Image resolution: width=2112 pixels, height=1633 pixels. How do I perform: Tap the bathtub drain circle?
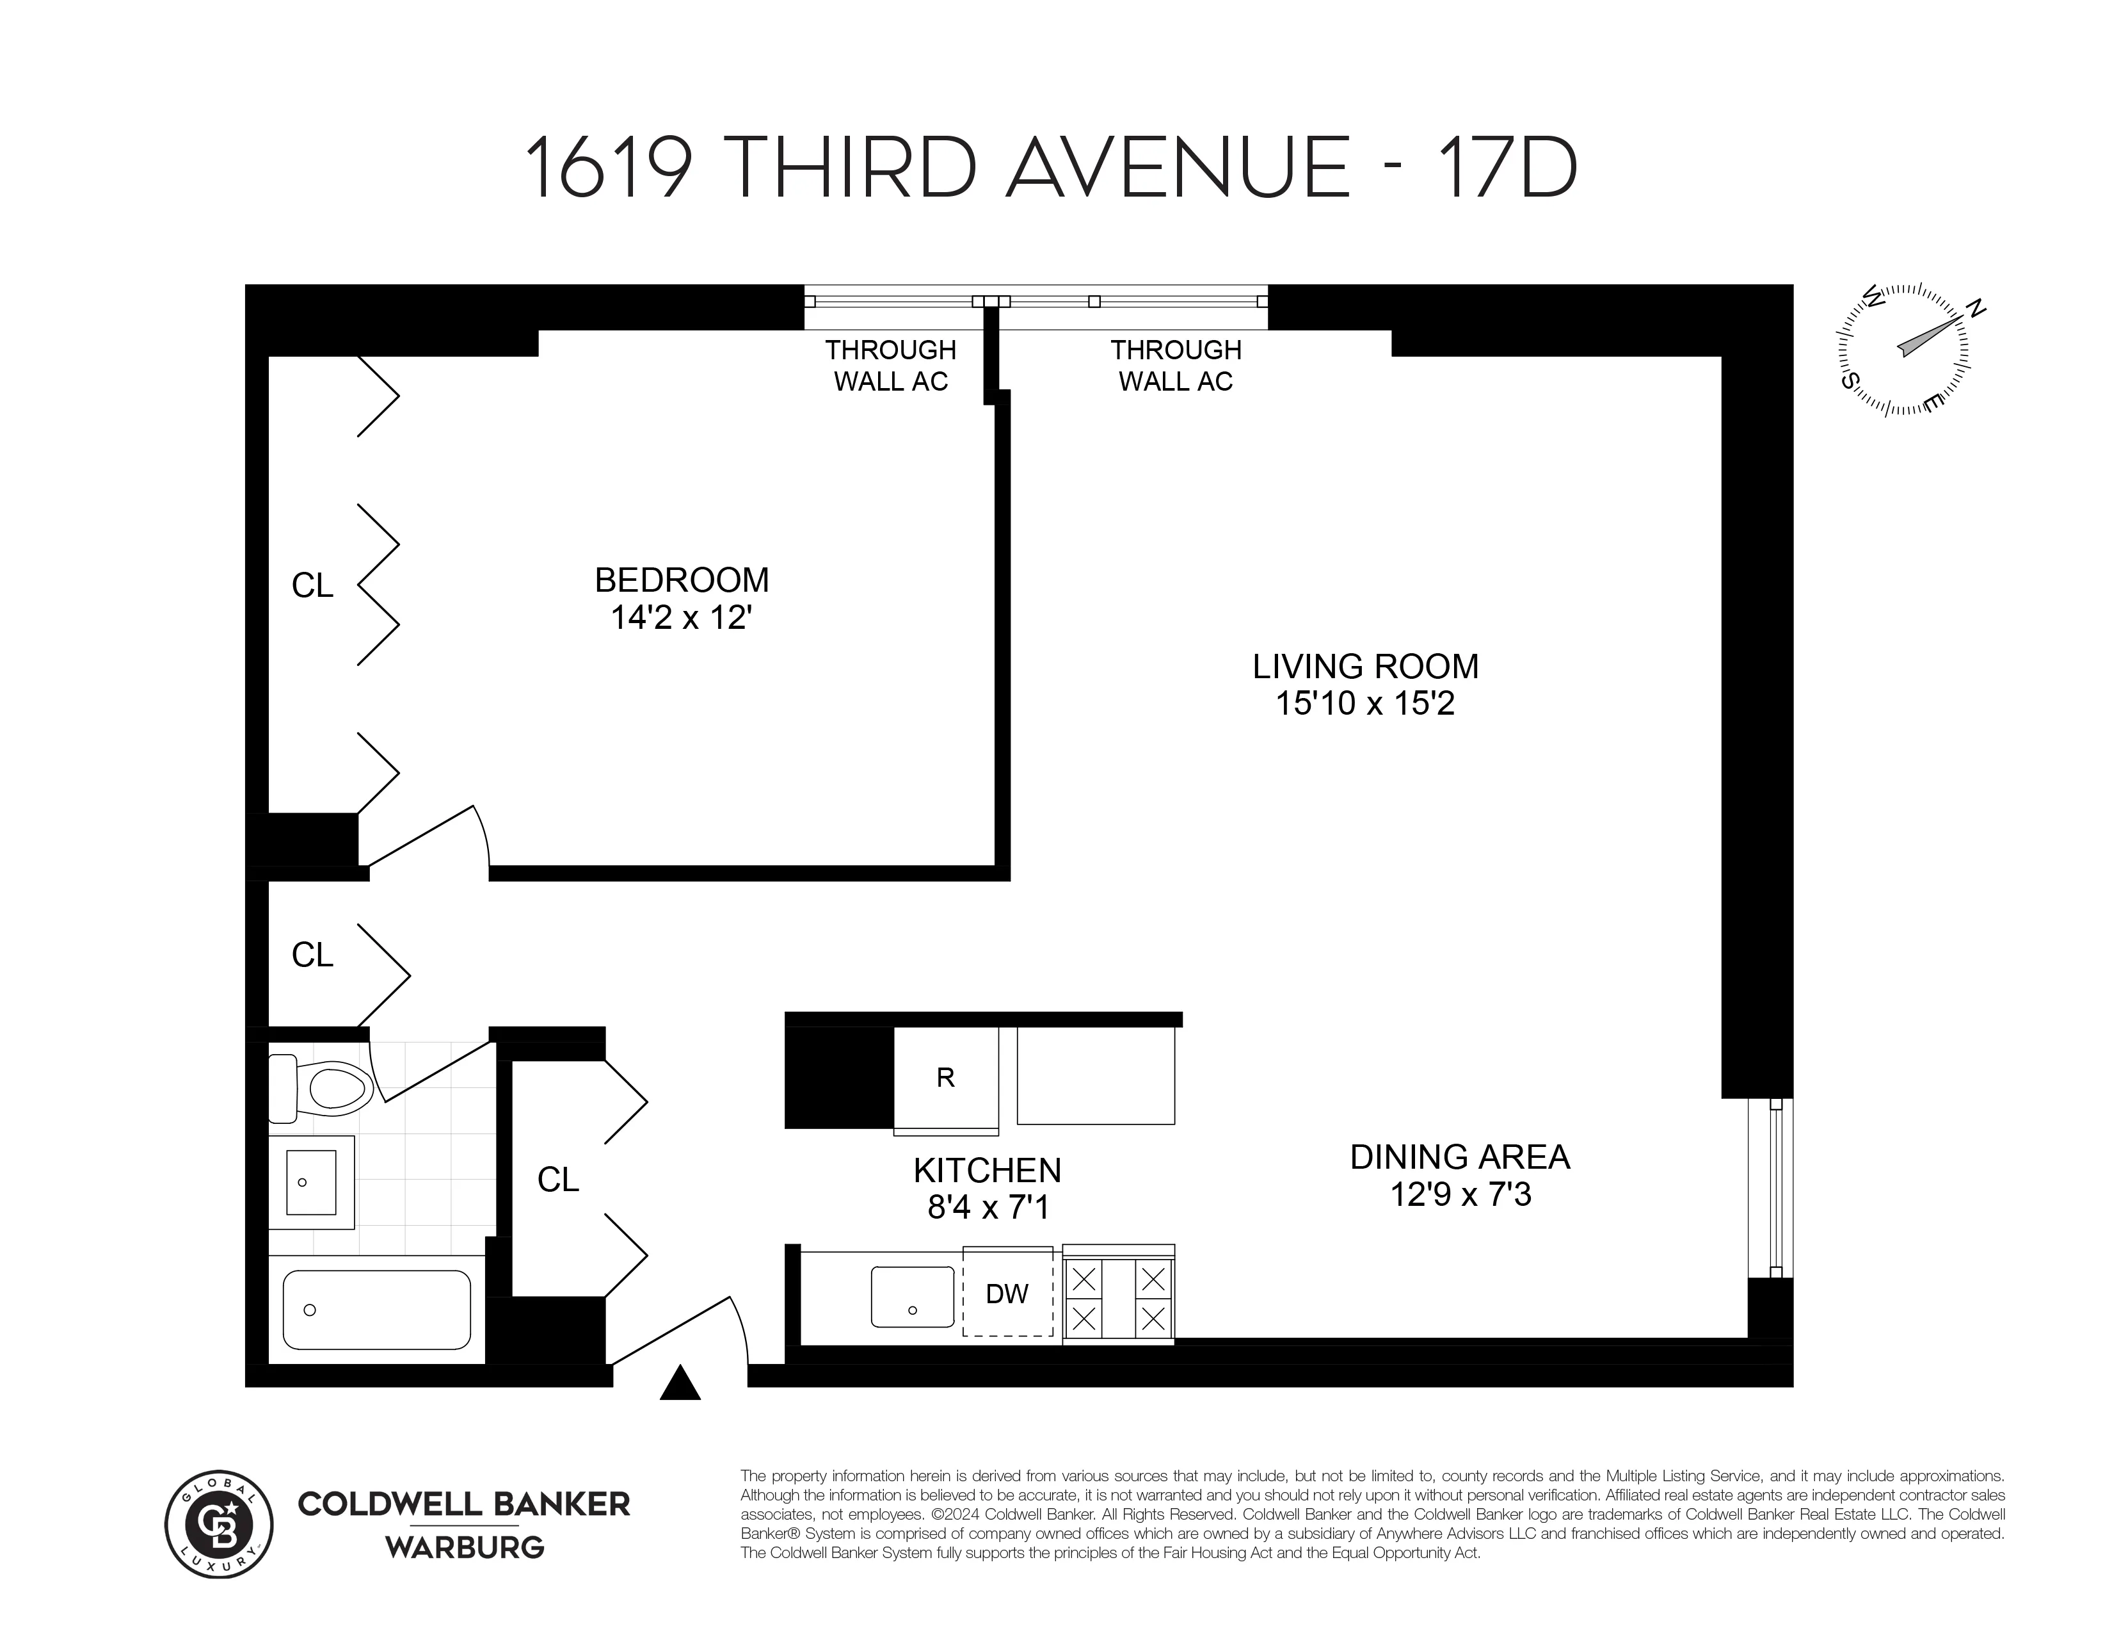point(310,1310)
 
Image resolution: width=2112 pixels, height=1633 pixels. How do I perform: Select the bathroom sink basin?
point(310,1182)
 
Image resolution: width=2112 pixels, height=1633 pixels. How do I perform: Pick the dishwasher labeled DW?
point(1007,1294)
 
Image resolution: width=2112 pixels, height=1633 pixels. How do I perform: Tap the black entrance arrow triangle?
point(680,1385)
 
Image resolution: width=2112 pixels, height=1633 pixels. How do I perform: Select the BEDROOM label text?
point(682,580)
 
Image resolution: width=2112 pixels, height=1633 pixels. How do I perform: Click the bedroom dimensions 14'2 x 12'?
point(682,618)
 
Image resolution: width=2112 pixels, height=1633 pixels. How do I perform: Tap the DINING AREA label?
point(1459,1157)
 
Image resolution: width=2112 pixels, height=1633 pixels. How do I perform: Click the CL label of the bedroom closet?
point(312,586)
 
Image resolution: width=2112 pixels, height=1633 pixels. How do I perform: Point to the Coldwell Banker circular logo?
point(218,1525)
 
